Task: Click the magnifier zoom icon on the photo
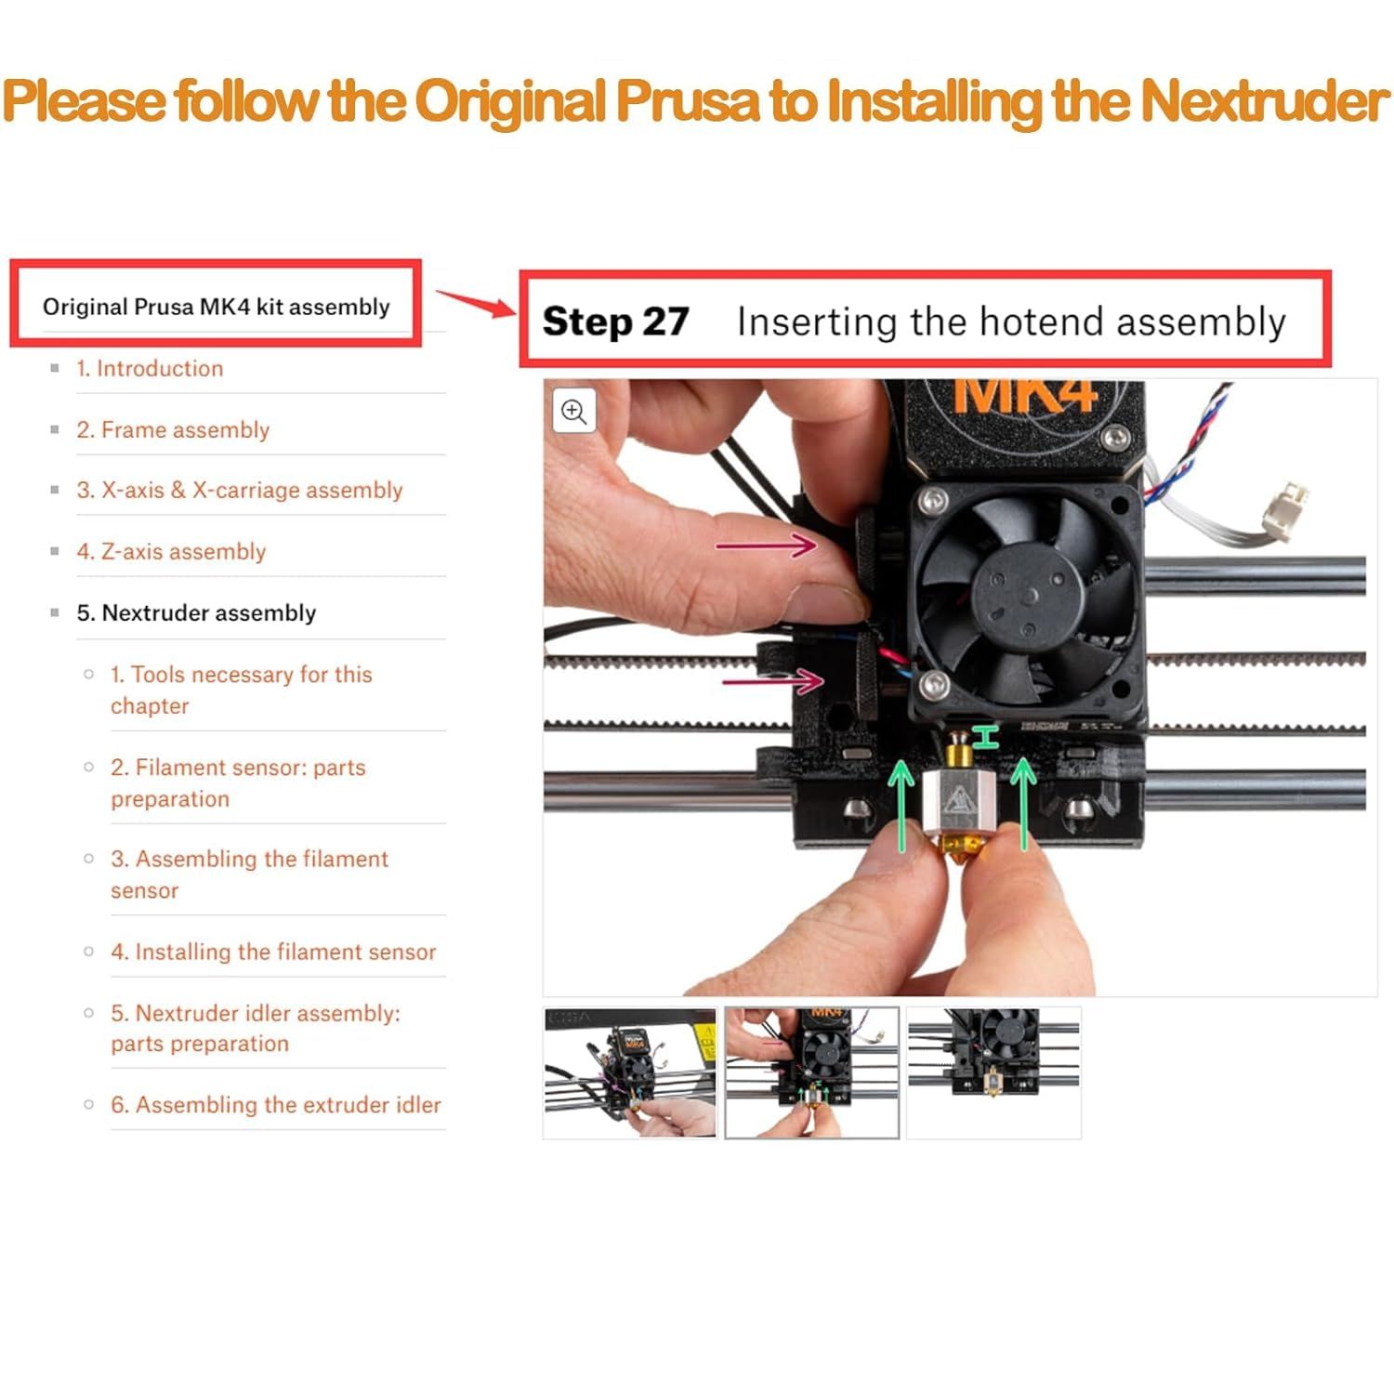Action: [574, 412]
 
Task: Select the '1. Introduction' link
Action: [150, 369]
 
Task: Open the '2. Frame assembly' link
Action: [173, 430]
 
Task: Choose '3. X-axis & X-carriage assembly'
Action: [240, 491]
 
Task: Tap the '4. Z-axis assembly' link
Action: [171, 552]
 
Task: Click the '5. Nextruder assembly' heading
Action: [196, 613]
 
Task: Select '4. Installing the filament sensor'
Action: [273, 952]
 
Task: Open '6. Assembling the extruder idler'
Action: [276, 1105]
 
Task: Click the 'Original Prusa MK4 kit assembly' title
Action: [217, 307]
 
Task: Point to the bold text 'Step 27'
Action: [615, 322]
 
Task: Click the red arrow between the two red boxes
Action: [476, 302]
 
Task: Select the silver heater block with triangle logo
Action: [959, 796]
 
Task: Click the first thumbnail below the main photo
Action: [630, 1072]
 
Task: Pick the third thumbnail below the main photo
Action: [993, 1072]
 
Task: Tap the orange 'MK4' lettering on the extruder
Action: [1026, 396]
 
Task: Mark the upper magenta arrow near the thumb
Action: [767, 545]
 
